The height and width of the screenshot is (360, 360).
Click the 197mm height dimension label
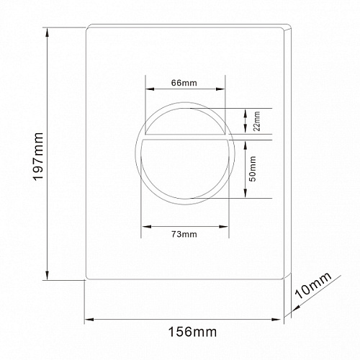tap(38, 156)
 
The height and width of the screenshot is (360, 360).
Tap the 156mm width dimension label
tap(192, 332)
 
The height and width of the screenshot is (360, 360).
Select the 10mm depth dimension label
tap(313, 286)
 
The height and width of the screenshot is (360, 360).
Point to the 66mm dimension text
tap(184, 83)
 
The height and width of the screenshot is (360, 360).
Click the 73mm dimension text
tap(184, 234)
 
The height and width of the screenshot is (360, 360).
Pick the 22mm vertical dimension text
tap(257, 121)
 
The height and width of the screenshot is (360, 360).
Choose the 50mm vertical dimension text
tap(253, 168)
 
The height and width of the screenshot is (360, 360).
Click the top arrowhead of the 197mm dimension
tap(48, 32)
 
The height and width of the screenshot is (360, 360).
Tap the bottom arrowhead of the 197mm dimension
tap(48, 275)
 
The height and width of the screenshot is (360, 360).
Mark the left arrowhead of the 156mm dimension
tap(89, 319)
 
